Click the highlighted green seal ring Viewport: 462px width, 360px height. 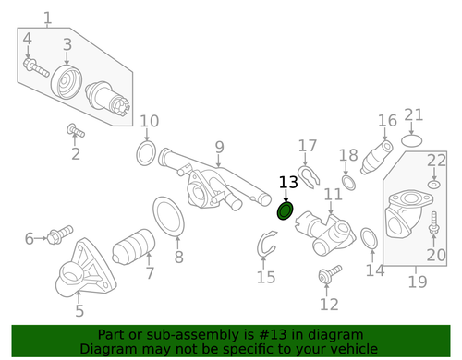click(x=286, y=212)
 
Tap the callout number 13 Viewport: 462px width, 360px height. click(x=288, y=184)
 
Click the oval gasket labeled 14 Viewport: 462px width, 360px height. click(x=367, y=238)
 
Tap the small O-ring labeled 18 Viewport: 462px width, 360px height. click(x=348, y=181)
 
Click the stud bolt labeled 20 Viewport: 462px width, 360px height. click(x=434, y=222)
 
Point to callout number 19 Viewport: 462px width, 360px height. click(x=417, y=282)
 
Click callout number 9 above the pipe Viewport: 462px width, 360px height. click(x=219, y=147)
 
